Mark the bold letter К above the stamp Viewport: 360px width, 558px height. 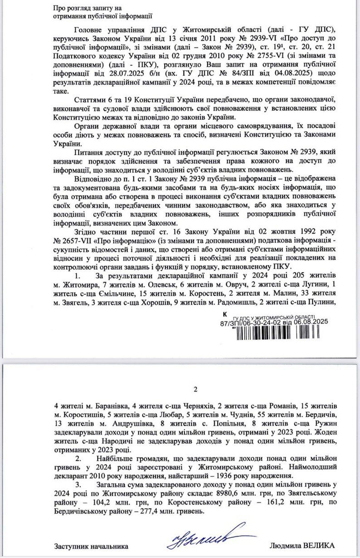tap(226, 314)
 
